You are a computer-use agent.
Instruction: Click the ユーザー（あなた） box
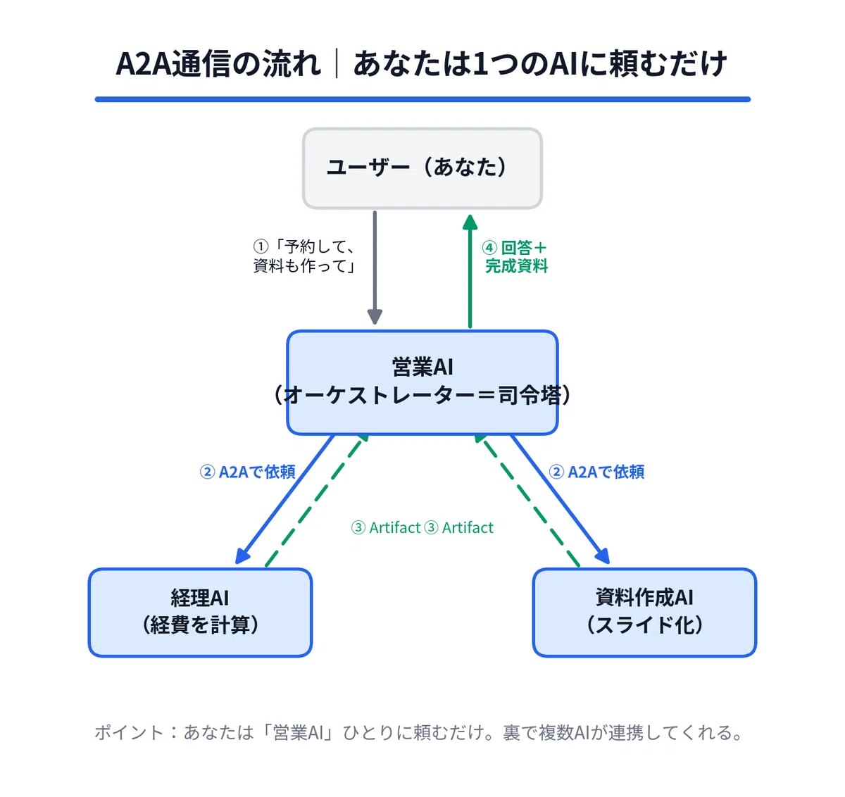[422, 168]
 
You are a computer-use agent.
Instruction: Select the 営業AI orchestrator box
[422, 382]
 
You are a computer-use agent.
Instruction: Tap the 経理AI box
[200, 613]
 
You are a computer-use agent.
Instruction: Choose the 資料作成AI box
[644, 613]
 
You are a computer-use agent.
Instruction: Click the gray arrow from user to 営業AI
[375, 268]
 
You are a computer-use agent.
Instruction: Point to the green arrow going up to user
[470, 271]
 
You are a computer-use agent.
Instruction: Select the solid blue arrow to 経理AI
[284, 499]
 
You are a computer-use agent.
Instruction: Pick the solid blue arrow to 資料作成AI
[561, 499]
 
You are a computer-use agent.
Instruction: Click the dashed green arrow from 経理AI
[317, 501]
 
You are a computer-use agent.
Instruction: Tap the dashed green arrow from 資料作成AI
[527, 501]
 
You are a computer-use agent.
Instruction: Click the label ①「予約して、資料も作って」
[303, 256]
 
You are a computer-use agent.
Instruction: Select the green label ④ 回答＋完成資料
[515, 256]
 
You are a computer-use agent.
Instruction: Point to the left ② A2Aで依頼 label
[247, 472]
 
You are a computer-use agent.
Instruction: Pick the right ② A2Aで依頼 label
[596, 472]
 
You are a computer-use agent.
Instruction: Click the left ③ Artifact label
[385, 527]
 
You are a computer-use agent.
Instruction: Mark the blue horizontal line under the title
[422, 99]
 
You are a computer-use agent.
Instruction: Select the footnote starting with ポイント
[419, 732]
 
